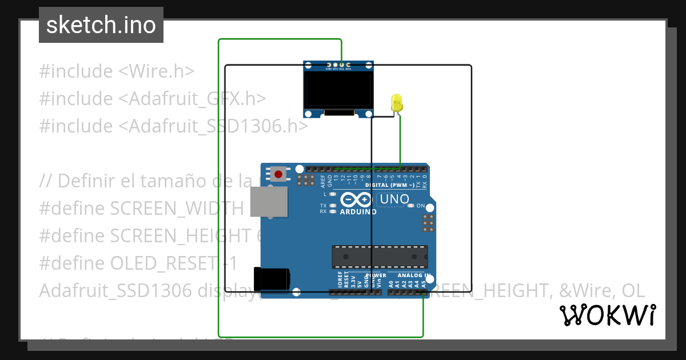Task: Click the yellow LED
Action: click(x=397, y=103)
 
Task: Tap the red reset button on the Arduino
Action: click(x=279, y=174)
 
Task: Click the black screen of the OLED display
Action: click(x=338, y=91)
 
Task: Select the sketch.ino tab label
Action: click(x=101, y=25)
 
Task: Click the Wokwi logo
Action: click(x=607, y=315)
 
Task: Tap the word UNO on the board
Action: click(x=395, y=199)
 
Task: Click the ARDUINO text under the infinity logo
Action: click(x=358, y=212)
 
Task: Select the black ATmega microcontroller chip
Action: click(x=380, y=257)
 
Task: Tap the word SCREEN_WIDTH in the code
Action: click(x=177, y=209)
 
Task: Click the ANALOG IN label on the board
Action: click(x=414, y=275)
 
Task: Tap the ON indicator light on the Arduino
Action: click(x=410, y=206)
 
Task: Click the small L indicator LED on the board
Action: click(x=332, y=195)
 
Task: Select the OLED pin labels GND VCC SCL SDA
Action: click(x=338, y=69)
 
